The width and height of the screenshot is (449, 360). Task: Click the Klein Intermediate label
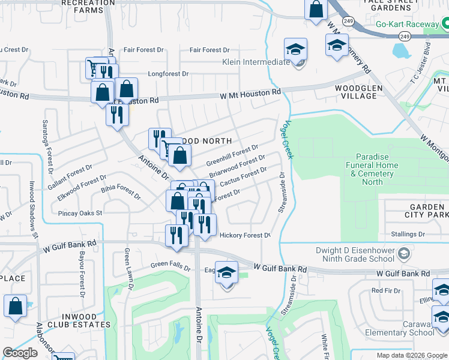pos(256,62)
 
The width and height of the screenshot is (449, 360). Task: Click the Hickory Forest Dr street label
pos(245,235)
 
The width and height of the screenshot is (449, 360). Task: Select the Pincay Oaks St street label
pos(80,212)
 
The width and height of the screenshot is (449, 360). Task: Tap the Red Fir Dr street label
pos(385,290)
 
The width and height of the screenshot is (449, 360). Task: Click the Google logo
pos(20,353)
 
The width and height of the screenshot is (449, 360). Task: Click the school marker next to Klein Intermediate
pos(295,52)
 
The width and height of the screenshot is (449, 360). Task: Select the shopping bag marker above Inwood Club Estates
pos(16,306)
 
